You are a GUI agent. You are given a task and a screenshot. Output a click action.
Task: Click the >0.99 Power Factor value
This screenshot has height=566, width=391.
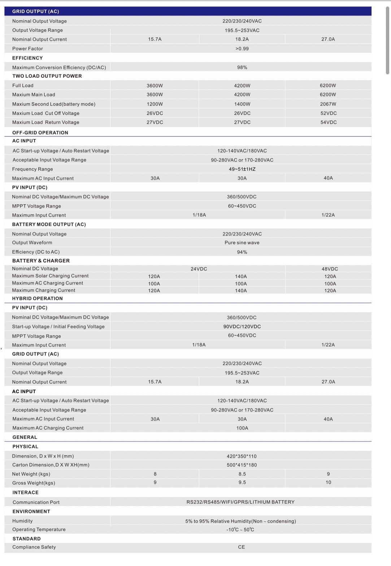point(242,49)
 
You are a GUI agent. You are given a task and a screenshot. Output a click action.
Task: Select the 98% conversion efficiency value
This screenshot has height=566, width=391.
point(242,68)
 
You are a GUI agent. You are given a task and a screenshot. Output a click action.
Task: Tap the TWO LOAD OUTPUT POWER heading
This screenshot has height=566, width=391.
point(47,76)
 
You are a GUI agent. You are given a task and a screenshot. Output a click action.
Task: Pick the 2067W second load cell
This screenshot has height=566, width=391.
point(328,104)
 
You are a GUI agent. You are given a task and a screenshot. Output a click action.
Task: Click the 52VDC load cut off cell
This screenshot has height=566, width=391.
point(328,113)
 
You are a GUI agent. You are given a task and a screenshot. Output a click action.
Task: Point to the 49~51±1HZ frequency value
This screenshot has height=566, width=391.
point(242,169)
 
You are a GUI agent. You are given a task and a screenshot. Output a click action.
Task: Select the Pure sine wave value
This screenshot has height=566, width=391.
point(242,243)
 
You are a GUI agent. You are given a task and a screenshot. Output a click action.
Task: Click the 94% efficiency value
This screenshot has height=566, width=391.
point(242,252)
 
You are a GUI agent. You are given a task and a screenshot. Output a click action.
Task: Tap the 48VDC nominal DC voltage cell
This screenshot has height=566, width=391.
point(330,269)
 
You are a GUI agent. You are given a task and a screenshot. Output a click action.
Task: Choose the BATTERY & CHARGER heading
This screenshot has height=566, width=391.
point(41,261)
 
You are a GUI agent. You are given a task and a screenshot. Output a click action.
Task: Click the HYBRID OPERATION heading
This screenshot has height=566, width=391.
point(37,299)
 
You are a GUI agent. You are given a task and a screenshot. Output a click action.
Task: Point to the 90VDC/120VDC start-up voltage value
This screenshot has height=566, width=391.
point(242,327)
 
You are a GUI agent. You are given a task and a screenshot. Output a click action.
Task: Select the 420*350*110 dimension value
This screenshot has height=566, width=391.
point(242,456)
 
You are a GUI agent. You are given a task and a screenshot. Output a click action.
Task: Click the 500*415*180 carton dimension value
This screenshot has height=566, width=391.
point(242,465)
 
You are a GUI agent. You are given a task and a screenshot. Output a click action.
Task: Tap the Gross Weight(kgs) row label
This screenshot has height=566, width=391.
point(34,483)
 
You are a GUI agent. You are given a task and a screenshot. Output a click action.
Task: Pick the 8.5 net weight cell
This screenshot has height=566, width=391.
point(242,474)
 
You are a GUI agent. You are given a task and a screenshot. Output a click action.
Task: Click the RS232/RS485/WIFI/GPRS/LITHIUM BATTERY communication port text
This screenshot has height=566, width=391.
point(240,502)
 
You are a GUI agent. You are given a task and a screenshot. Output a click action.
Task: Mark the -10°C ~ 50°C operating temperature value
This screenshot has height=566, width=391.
point(240,530)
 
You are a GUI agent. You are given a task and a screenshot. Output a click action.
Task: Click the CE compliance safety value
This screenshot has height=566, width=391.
point(242,547)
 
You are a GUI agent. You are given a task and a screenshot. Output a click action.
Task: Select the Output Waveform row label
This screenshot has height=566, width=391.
point(32,243)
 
